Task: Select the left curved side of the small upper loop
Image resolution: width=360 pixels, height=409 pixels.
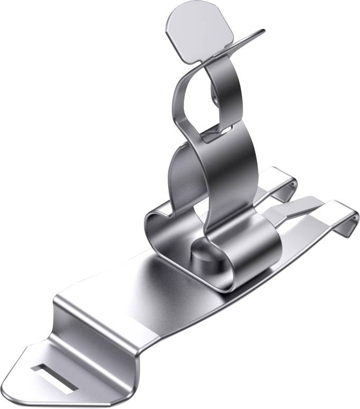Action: pyautogui.click(x=178, y=101)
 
